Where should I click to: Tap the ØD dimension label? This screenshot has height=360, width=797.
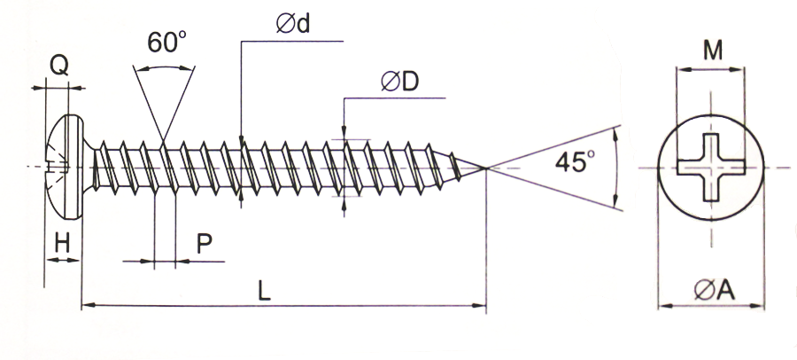pos(399,82)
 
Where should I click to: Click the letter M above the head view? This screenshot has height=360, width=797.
pos(711,51)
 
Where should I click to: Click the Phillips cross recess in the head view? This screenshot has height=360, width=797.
pos(712,167)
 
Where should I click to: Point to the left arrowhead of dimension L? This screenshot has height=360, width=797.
pos(87,307)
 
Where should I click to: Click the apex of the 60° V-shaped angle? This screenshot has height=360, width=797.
pos(165,138)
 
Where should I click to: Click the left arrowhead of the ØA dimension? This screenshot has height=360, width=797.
pos(662,308)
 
